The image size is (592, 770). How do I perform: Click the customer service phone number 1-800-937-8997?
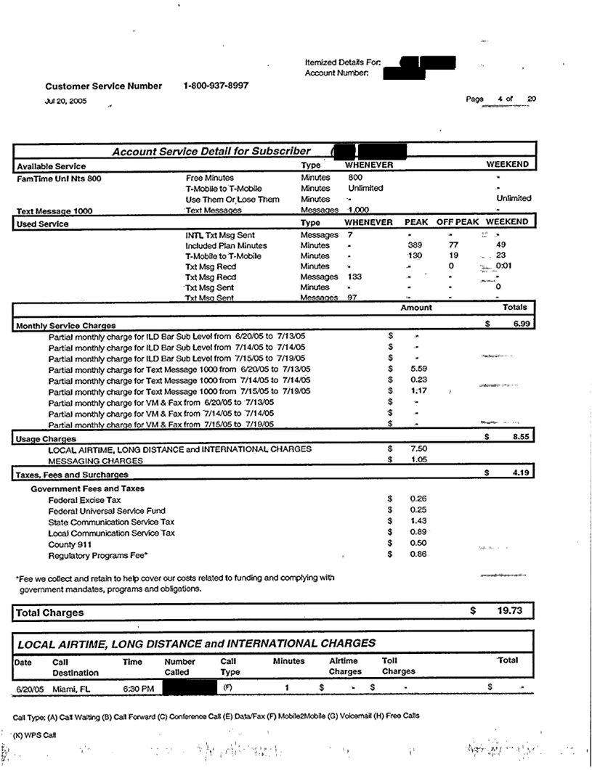[216, 86]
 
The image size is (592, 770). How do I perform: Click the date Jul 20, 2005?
[66, 102]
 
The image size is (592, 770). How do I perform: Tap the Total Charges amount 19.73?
[509, 612]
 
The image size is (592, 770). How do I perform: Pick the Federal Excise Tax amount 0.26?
[418, 499]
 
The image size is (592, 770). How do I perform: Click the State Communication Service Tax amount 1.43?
[418, 521]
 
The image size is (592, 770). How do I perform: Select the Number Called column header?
[182, 666]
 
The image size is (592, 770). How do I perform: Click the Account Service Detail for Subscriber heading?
[211, 151]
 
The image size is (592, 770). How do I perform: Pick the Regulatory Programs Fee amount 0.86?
[418, 554]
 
